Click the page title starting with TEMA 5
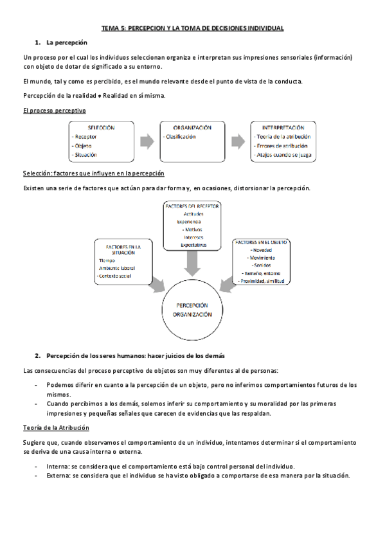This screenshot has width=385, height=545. pyautogui.click(x=193, y=28)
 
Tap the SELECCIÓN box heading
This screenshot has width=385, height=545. pyautogui.click(x=101, y=127)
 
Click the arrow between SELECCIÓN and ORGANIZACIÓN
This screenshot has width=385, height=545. pyautogui.click(x=146, y=141)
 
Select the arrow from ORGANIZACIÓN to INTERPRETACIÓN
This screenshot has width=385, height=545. pyautogui.click(x=238, y=141)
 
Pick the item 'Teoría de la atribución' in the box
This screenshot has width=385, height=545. pyautogui.click(x=283, y=136)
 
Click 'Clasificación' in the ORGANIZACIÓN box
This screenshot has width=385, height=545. pyautogui.click(x=181, y=136)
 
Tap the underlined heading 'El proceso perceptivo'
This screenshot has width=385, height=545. pyautogui.click(x=54, y=110)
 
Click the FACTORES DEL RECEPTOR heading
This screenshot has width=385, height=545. pyautogui.click(x=192, y=206)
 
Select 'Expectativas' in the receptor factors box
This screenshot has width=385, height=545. pyautogui.click(x=193, y=245)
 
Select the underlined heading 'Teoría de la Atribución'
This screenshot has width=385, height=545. pyautogui.click(x=56, y=427)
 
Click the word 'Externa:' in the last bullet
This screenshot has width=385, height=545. pyautogui.click(x=58, y=476)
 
